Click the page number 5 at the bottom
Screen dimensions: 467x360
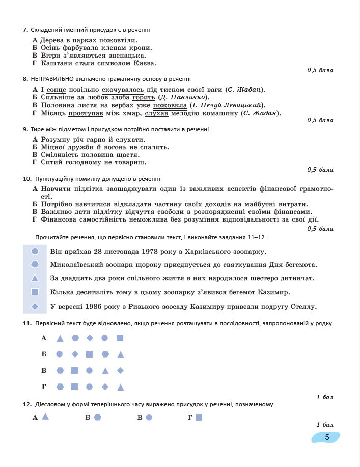click(326, 437)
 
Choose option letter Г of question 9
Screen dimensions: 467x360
click(35, 162)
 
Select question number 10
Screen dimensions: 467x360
click(27, 179)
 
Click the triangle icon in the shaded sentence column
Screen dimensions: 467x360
click(35, 279)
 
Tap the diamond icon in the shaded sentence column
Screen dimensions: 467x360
click(35, 307)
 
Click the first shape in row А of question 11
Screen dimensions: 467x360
click(60, 338)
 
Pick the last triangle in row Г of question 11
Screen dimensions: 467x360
click(121, 387)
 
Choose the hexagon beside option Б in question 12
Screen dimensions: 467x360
click(97, 417)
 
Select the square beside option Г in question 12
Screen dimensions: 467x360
click(199, 417)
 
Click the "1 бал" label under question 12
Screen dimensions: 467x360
click(324, 425)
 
